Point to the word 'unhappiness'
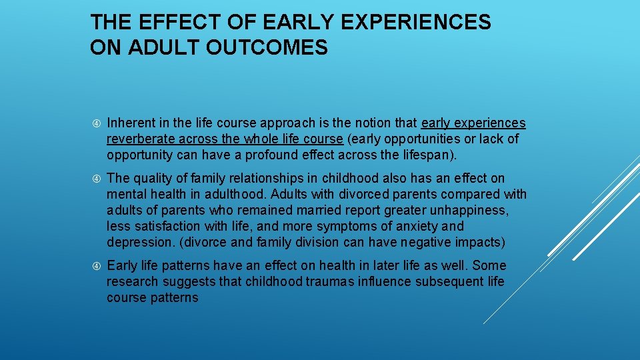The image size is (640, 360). coord(473,210)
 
